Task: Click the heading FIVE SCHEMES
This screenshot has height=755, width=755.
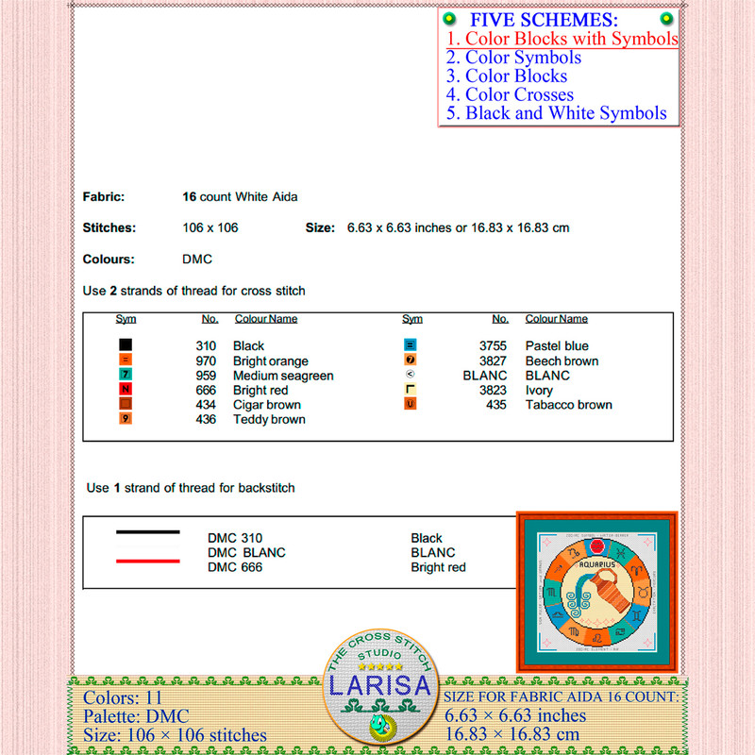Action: point(544,20)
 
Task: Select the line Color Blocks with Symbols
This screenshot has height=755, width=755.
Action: point(562,39)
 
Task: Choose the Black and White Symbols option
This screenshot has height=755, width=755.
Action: point(557,113)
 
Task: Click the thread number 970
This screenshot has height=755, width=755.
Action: point(206,361)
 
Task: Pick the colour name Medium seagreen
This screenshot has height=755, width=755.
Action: point(283,376)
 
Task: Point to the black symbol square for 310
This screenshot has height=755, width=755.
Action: point(126,346)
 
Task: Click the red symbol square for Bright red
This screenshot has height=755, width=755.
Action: point(126,390)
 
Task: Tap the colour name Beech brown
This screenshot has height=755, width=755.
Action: point(562,361)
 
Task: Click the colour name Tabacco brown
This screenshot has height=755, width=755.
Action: point(568,405)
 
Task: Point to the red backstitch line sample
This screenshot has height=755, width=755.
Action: point(147,561)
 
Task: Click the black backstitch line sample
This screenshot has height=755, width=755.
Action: point(147,532)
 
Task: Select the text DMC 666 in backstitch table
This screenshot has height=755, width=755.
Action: point(235,567)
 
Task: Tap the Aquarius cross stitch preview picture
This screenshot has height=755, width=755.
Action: point(596,592)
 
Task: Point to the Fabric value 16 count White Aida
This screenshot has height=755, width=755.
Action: point(240,197)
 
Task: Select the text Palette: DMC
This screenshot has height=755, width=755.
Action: point(138,716)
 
